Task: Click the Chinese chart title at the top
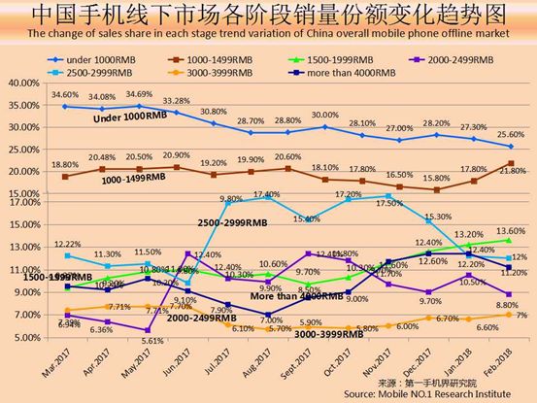pyautogui.click(x=268, y=15)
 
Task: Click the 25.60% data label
pyautogui.click(x=510, y=135)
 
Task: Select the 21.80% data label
pyautogui.click(x=510, y=171)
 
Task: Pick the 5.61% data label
pyautogui.click(x=143, y=341)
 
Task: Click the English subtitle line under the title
pyautogui.click(x=268, y=36)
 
